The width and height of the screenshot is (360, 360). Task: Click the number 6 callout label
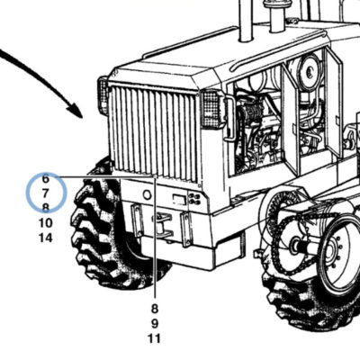pos(45,178)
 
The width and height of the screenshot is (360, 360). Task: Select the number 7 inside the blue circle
pos(45,193)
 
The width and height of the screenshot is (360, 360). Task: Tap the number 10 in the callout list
pos(45,223)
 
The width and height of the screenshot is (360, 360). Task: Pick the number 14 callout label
pos(45,238)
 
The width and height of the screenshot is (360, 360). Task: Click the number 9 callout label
pos(155,324)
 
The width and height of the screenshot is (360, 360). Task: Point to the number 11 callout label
pos(155,338)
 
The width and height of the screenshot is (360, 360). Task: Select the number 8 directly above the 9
pos(155,309)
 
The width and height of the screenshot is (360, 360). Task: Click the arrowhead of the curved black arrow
pos(76,112)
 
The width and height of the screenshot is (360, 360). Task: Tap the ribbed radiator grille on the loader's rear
pos(154,133)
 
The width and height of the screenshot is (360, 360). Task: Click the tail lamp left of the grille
pos(103,96)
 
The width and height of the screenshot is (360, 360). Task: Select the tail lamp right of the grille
pos(211,109)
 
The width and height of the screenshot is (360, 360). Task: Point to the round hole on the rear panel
pos(147,195)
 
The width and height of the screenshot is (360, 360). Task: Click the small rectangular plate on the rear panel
pos(180,199)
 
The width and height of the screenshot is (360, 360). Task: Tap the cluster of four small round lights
pos(195,200)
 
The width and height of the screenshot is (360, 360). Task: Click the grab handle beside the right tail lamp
pos(230,118)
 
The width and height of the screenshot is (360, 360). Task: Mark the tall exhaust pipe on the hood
pos(246,21)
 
